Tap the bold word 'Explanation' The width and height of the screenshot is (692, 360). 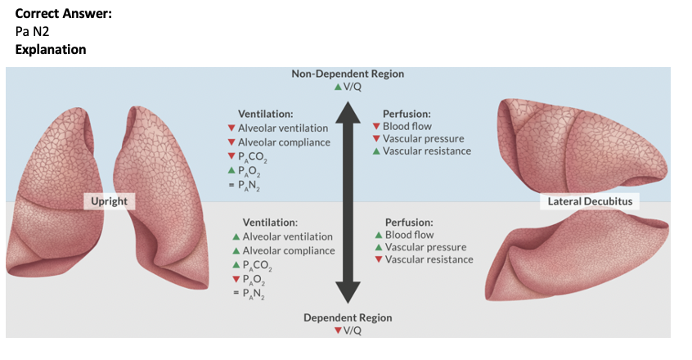(x=50, y=50)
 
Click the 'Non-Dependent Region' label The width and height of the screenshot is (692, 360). (x=348, y=74)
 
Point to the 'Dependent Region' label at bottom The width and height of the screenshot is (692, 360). (x=348, y=317)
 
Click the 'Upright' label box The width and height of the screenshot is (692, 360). (x=109, y=200)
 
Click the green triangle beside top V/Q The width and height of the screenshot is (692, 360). (x=336, y=87)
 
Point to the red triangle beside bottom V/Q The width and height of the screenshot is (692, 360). (x=336, y=331)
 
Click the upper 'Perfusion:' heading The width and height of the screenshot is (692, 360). (x=407, y=114)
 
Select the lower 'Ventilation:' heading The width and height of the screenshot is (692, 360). (x=270, y=223)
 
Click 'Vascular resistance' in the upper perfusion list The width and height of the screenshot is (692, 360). (x=427, y=151)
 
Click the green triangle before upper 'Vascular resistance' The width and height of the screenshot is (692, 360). (x=375, y=151)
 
